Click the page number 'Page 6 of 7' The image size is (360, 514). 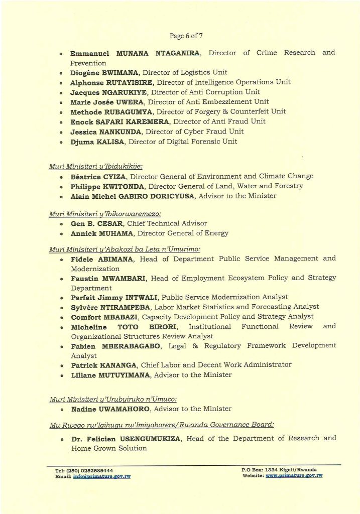coord(186,36)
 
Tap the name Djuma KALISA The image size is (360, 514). coord(97,142)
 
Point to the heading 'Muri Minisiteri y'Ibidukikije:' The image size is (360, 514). coord(95,166)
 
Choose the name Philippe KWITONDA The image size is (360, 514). coord(102,186)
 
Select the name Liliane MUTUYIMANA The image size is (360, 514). coord(110,375)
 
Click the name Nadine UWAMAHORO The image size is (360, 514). coord(110,409)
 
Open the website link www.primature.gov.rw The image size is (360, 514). coord(294,475)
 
